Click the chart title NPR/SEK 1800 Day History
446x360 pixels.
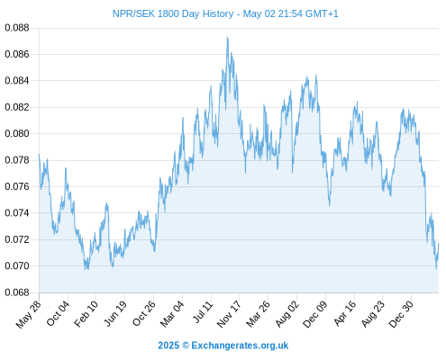point(173,13)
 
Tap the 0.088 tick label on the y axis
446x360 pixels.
point(17,28)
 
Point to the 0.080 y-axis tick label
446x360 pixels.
point(17,133)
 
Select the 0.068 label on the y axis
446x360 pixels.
point(17,292)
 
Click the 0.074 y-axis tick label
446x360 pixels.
point(17,213)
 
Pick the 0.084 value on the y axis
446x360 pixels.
point(17,81)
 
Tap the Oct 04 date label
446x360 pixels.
point(58,313)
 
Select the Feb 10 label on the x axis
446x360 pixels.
point(86,313)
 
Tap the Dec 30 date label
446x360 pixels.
point(401,313)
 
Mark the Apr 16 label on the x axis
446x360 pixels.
point(345,313)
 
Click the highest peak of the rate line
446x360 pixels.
point(228,38)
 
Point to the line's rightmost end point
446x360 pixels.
point(439,244)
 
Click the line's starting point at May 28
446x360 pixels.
point(39,155)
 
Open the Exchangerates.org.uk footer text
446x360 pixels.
point(240,346)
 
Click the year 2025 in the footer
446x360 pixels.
point(168,346)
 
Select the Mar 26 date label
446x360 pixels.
point(258,313)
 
